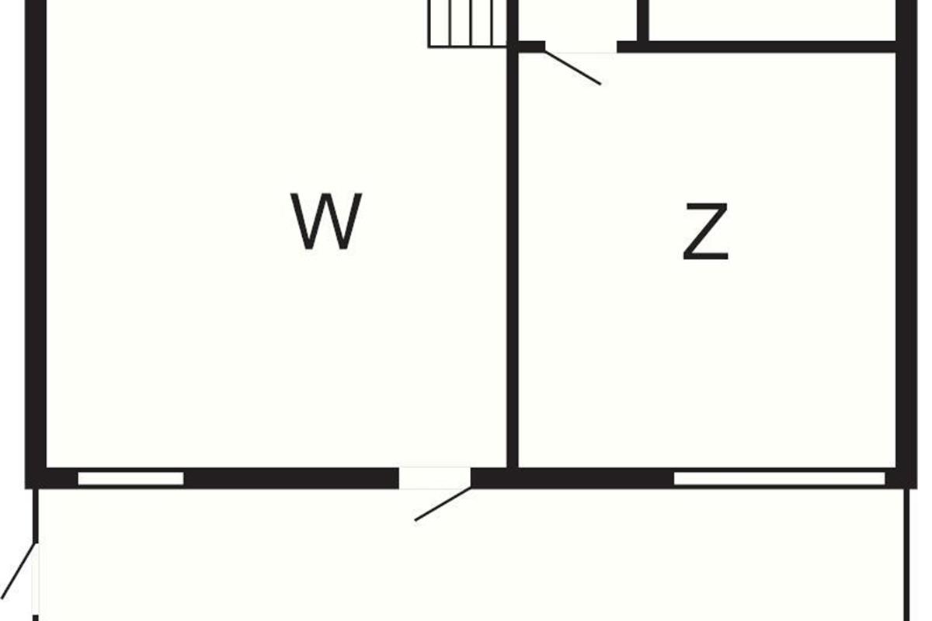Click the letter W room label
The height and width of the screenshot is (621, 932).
pos(326,222)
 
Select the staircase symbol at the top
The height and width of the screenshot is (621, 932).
pos(468,23)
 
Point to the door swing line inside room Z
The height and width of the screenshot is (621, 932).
pos(573,68)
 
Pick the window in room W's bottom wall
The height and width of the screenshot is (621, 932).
pos(130,478)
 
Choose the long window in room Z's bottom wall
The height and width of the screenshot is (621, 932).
pos(779,478)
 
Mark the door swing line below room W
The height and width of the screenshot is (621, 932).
pos(443,505)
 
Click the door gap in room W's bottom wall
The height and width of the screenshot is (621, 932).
pos(435,477)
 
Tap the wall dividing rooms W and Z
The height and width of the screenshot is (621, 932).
pos(513,256)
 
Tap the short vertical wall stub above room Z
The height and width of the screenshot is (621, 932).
pos(642,19)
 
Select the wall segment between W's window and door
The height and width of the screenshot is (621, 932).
pos(291,478)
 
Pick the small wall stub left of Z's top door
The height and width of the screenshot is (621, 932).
pos(531,47)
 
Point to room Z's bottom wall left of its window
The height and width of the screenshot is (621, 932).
pos(573,478)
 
